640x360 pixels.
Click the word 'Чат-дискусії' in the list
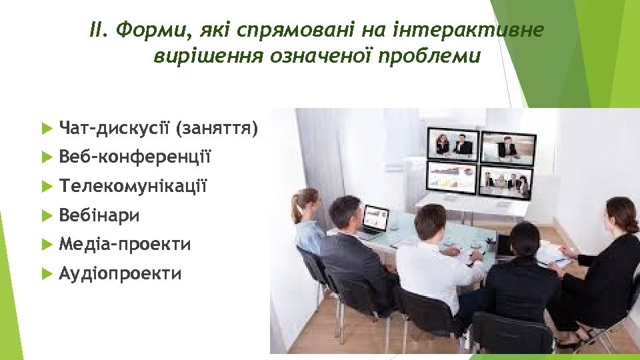114,127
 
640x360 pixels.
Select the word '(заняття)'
216,127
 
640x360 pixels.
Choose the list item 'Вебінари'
99,215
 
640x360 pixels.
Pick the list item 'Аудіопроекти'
120,273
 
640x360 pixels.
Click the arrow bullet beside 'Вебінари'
45,215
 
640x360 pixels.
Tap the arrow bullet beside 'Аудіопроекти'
45,273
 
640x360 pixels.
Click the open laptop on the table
374,221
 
